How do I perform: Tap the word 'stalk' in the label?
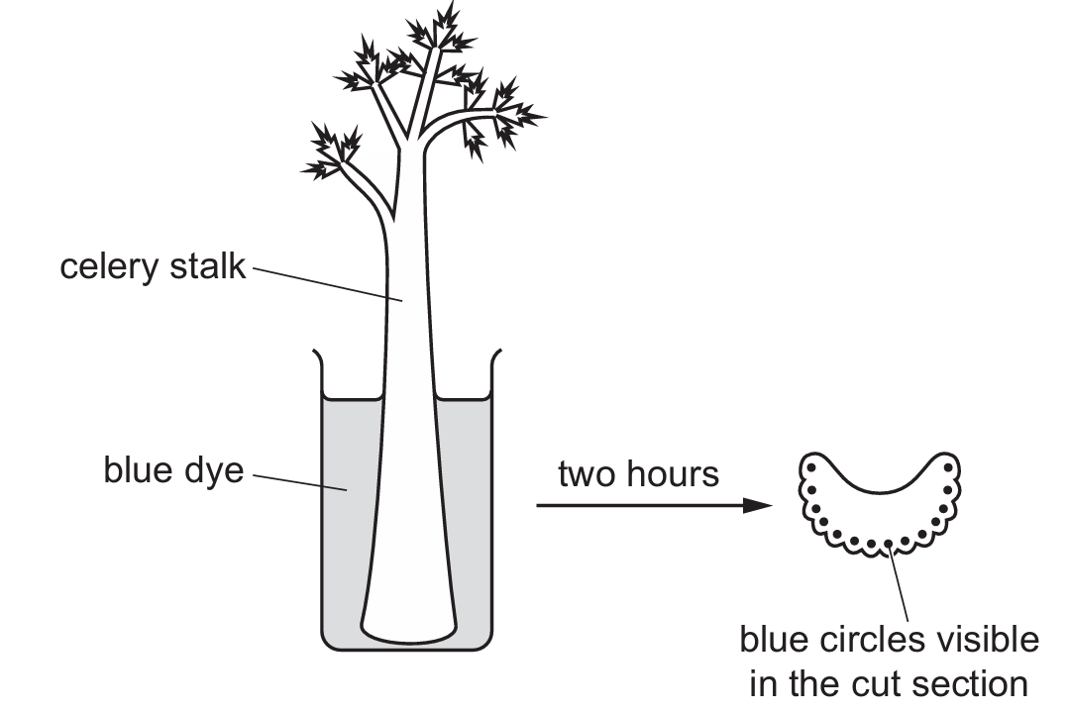tap(205, 267)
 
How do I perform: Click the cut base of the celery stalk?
tap(409, 630)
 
